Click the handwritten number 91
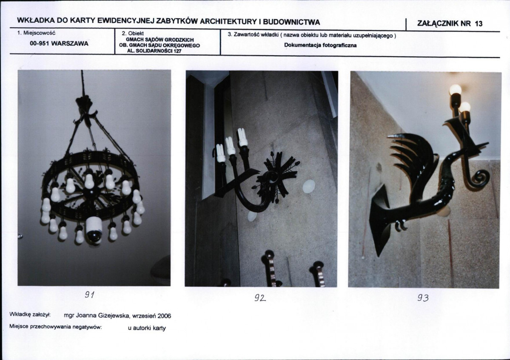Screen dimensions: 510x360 coord(89,295)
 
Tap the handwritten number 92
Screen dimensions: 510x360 coord(260,298)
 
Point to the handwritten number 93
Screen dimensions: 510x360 coord(423,298)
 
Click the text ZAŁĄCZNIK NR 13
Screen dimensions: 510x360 coord(450,23)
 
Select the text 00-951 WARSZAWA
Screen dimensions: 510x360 coord(59,43)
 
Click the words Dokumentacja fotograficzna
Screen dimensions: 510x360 coord(320,45)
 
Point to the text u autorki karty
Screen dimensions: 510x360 coord(147,328)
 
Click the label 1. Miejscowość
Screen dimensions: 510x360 coord(37,33)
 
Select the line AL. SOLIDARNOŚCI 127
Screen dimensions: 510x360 coord(154,51)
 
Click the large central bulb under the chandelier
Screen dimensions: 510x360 coord(94,230)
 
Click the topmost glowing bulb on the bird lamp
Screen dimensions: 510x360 coord(456,90)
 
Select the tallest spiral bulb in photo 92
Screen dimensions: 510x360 coord(242,137)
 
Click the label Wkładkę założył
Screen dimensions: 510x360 coord(30,315)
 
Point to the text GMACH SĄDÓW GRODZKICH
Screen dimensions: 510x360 coord(160,40)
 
